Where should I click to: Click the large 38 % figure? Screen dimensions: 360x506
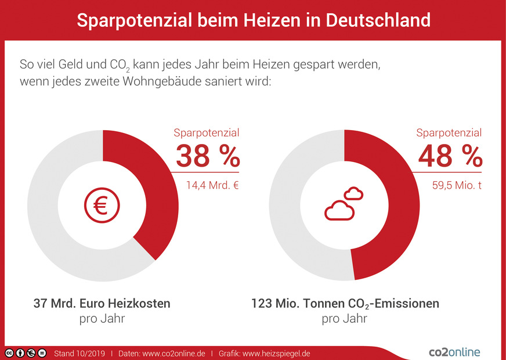(x=207, y=156)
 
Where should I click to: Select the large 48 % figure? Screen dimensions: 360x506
(x=450, y=156)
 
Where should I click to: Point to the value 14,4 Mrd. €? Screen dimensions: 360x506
(x=212, y=186)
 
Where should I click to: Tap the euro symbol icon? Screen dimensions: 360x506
(x=102, y=206)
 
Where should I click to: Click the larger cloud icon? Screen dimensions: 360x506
(x=339, y=210)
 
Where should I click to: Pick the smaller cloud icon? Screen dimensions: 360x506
(x=353, y=193)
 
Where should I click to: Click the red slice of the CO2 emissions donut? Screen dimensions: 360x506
(x=395, y=209)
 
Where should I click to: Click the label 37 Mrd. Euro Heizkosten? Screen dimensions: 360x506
(x=102, y=304)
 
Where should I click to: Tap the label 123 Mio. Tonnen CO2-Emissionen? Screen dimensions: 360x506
(x=345, y=304)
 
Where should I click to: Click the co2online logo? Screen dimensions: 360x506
(x=454, y=352)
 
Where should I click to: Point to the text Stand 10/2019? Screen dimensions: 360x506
(x=79, y=353)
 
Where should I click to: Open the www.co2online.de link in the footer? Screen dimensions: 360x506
(x=174, y=353)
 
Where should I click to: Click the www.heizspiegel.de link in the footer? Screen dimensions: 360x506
(x=276, y=353)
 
